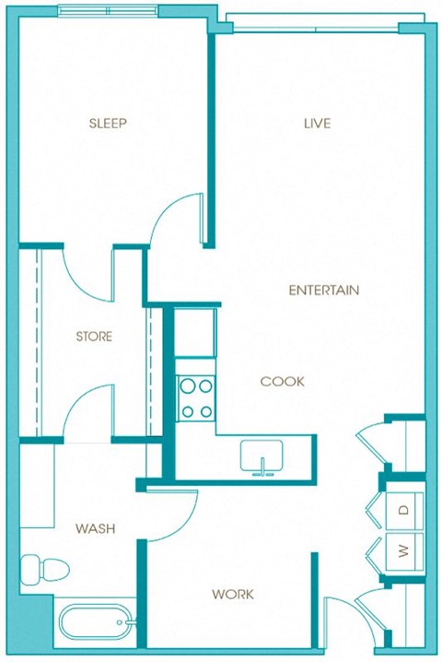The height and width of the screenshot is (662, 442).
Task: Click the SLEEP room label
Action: pos(107,123)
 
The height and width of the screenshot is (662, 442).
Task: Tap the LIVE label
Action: pos(317,123)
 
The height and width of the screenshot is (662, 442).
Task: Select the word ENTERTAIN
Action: pos(323,290)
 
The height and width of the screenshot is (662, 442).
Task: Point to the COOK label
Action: pos(282,381)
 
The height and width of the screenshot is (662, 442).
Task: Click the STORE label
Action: pos(94,337)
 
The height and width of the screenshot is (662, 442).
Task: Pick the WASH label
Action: pos(95,528)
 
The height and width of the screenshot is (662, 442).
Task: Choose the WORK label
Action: pos(233,595)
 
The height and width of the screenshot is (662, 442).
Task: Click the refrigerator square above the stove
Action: pos(195,337)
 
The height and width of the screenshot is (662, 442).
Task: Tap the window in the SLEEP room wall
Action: pos(107,10)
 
